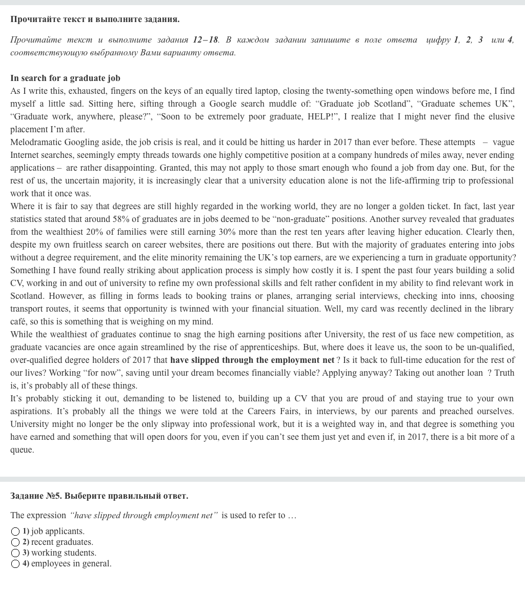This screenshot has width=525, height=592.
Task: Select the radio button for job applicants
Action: coord(15,532)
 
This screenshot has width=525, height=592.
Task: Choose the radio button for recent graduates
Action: coord(15,542)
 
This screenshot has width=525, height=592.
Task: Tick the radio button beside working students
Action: coord(15,553)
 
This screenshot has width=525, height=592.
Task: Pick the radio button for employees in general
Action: coord(15,564)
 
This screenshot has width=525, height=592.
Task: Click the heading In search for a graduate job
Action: coord(65,78)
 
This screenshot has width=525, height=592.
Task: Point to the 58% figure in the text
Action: coord(120,219)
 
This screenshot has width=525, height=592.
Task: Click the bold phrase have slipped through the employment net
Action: coord(252,360)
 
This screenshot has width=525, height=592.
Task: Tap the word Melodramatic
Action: coord(34,142)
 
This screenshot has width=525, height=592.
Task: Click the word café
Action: coord(19,321)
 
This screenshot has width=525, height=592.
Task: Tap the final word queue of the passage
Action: coord(22,450)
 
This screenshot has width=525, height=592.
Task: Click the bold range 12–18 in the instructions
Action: coord(205,39)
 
